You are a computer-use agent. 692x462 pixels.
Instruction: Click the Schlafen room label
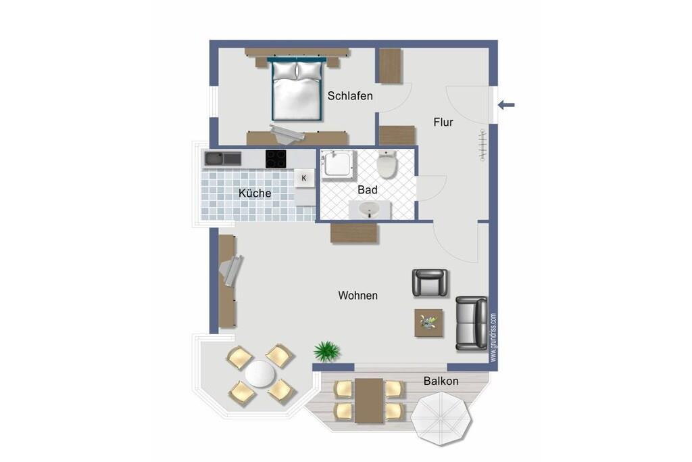tap(350, 96)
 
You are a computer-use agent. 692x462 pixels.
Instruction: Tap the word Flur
tap(443, 122)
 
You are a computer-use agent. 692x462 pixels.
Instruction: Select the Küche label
tap(255, 193)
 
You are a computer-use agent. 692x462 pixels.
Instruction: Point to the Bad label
tap(367, 190)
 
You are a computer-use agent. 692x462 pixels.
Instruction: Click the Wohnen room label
tap(358, 296)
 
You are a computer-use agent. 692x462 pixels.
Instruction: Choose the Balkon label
tap(441, 381)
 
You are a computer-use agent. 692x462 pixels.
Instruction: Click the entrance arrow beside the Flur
tap(506, 105)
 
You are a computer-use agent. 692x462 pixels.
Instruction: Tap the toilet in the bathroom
tap(387, 164)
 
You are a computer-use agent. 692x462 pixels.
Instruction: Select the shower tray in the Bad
tap(338, 166)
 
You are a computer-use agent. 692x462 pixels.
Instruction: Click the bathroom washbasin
tap(370, 210)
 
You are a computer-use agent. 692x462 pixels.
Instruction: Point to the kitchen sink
tap(222, 158)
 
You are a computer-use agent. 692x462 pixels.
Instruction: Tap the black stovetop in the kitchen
tap(276, 159)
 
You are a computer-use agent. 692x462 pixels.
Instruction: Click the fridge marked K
tap(303, 178)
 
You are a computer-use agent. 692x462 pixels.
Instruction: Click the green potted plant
tap(327, 351)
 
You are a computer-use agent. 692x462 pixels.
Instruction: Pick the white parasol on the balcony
tap(441, 419)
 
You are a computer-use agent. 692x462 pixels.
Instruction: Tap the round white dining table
tap(260, 374)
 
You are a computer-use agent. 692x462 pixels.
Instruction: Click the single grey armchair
tap(430, 283)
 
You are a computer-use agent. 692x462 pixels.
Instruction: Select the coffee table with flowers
tap(428, 323)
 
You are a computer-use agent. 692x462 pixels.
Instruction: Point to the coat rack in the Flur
tap(483, 145)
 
